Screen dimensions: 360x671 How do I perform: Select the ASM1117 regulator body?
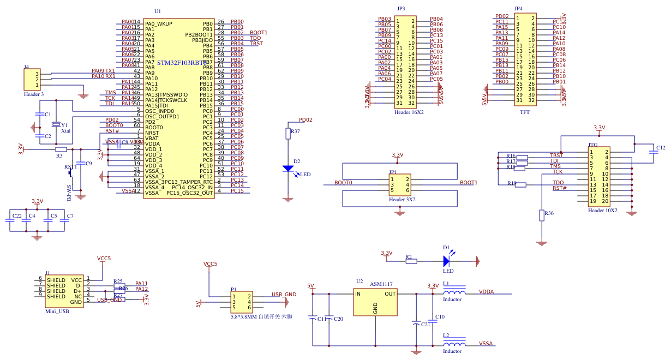[375, 302]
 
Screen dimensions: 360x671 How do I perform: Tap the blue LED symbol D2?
[288, 169]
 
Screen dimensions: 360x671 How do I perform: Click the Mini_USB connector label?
[57, 311]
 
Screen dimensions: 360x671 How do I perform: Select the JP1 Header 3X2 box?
[400, 185]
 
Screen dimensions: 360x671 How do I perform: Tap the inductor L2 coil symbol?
[454, 344]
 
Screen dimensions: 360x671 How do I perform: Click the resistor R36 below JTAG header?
[542, 215]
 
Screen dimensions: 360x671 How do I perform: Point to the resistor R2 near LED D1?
[411, 261]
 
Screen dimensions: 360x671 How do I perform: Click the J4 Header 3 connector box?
[32, 80]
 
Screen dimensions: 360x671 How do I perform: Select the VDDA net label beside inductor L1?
[486, 292]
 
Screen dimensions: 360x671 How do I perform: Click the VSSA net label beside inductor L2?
[486, 344]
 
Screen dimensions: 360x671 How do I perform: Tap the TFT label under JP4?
[524, 112]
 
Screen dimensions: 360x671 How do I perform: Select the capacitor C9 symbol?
[81, 163]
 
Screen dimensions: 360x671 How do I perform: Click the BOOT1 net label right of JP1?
[468, 183]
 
